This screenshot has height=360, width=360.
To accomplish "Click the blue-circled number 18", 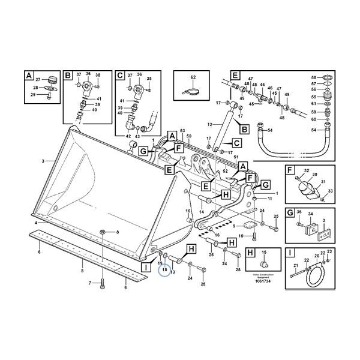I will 164,271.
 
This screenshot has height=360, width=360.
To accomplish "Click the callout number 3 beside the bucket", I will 43,161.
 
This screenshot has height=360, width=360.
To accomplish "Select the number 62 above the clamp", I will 193,78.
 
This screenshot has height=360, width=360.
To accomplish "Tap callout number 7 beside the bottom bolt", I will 90,283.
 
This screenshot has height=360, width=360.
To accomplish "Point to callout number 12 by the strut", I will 210,124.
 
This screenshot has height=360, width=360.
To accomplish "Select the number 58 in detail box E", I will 313,78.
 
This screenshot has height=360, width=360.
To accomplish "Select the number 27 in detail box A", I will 37,80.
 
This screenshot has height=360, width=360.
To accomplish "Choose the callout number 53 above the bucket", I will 182,130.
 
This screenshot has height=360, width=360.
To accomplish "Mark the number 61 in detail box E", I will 313,103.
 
